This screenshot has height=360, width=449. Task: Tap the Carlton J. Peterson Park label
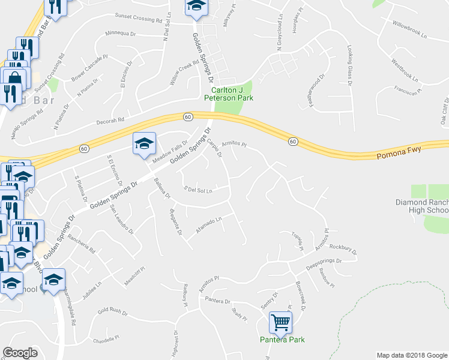pyautogui.click(x=229, y=94)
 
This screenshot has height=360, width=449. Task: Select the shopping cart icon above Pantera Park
pyautogui.click(x=280, y=322)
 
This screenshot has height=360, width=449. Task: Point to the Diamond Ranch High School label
pyautogui.click(x=421, y=206)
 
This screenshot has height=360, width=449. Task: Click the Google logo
pyautogui.click(x=20, y=353)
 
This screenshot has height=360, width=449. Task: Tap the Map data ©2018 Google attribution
pyautogui.click(x=411, y=355)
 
